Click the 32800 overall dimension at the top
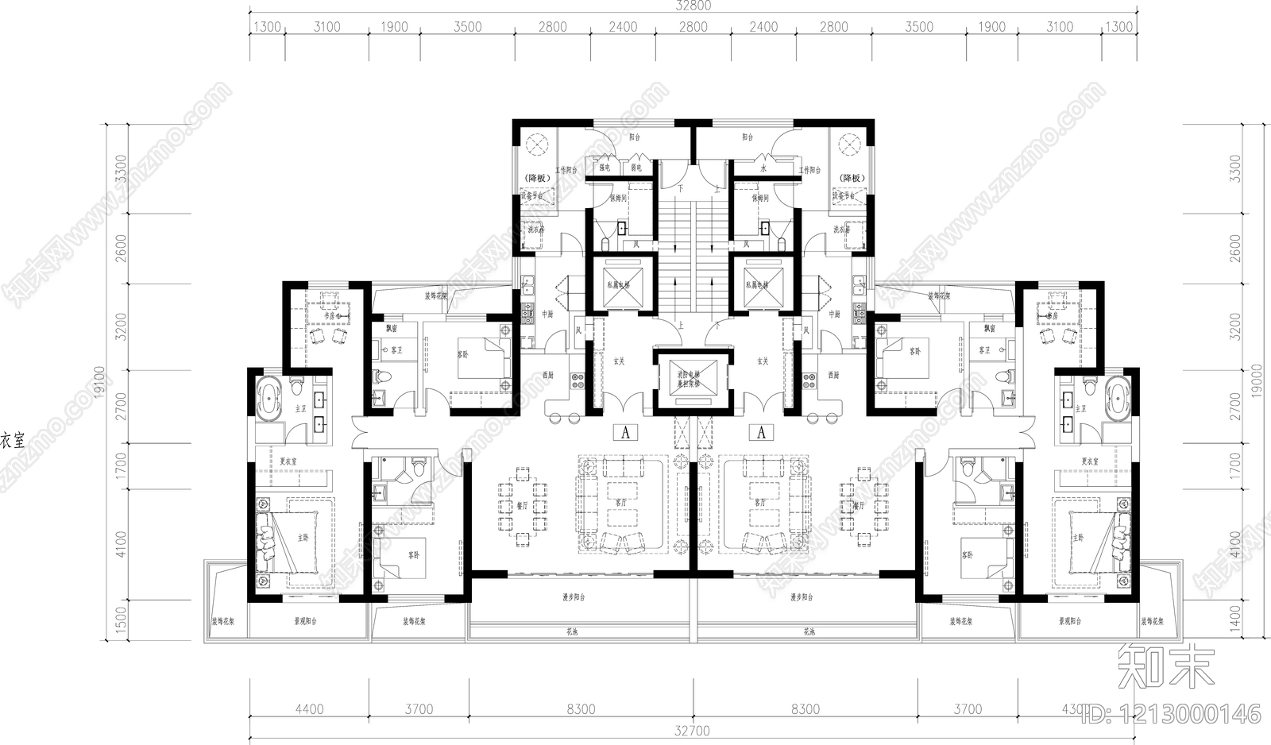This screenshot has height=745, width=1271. coord(693,6)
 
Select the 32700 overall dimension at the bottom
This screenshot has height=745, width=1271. coord(693,730)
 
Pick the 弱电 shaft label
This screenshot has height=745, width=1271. coord(635,168)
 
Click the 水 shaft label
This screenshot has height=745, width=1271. coord(763,168)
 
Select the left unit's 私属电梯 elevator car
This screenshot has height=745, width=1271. coord(618,284)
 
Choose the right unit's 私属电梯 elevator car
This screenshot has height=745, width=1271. coord(762,284)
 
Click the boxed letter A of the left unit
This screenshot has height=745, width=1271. coord(627,433)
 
